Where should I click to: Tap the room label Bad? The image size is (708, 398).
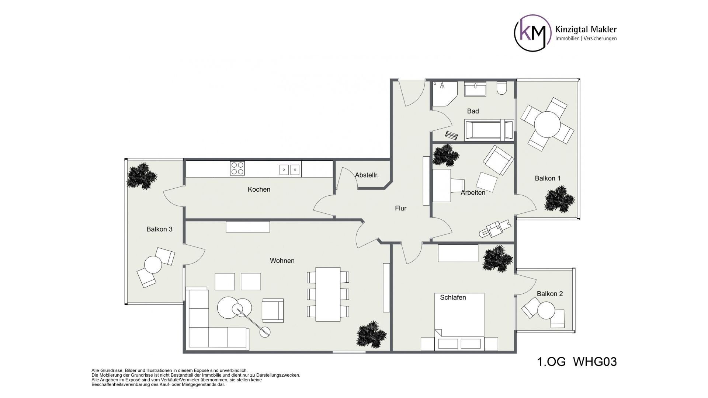[473, 111]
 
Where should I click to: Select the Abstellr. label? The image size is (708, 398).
[367, 175]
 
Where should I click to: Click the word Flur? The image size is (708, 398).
[401, 208]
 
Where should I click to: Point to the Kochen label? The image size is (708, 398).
[259, 189]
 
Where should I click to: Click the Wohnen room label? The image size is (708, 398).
[282, 261]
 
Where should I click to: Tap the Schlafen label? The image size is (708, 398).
[453, 297]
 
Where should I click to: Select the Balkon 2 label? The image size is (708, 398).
[550, 294]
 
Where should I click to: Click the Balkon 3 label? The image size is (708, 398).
[159, 229]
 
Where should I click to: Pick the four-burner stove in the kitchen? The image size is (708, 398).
[237, 168]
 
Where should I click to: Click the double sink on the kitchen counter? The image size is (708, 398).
[289, 170]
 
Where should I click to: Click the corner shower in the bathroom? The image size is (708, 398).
[445, 94]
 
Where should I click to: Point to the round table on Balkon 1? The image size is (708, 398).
[547, 125]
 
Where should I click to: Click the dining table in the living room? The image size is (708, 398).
[328, 294]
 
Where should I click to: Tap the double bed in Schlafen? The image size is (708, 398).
[459, 321]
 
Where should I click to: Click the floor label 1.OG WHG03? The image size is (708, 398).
[577, 362]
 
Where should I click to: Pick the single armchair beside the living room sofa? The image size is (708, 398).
[273, 310]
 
